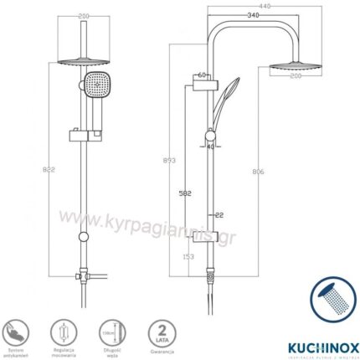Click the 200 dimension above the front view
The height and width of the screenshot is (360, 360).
84,17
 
